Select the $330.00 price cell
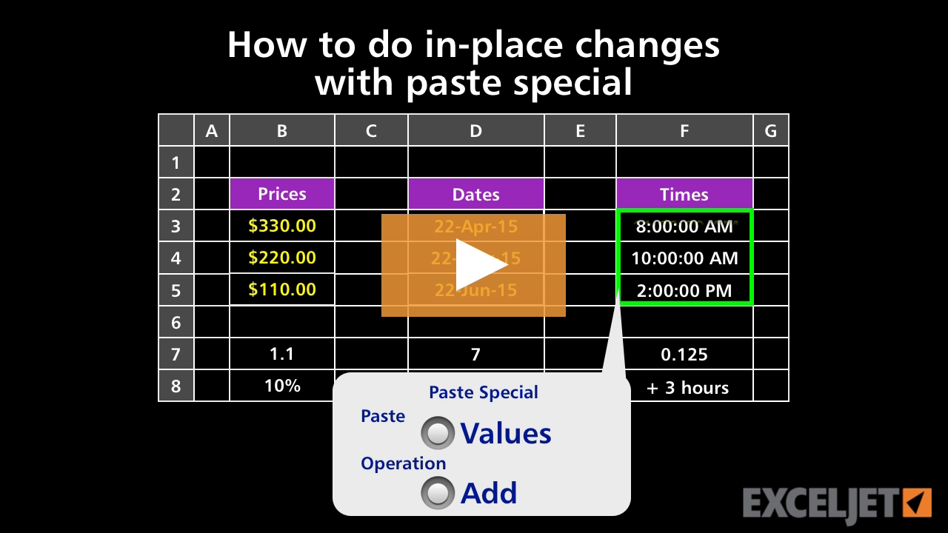click(x=282, y=226)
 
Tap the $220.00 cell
click(x=282, y=258)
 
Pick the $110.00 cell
click(x=282, y=289)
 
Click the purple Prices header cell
click(x=282, y=194)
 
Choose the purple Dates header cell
click(x=475, y=194)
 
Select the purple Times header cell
click(x=684, y=194)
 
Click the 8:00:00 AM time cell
click(x=684, y=227)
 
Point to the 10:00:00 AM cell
click(x=684, y=258)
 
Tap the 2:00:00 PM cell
click(x=684, y=290)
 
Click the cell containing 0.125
click(x=684, y=355)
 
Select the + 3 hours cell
click(x=687, y=387)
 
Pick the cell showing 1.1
click(x=282, y=354)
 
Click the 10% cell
click(x=282, y=386)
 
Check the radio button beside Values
click(x=438, y=434)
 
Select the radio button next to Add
click(x=438, y=493)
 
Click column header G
click(x=771, y=131)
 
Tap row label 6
click(x=176, y=322)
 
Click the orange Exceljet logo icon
click(x=917, y=503)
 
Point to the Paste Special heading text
click(x=484, y=392)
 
